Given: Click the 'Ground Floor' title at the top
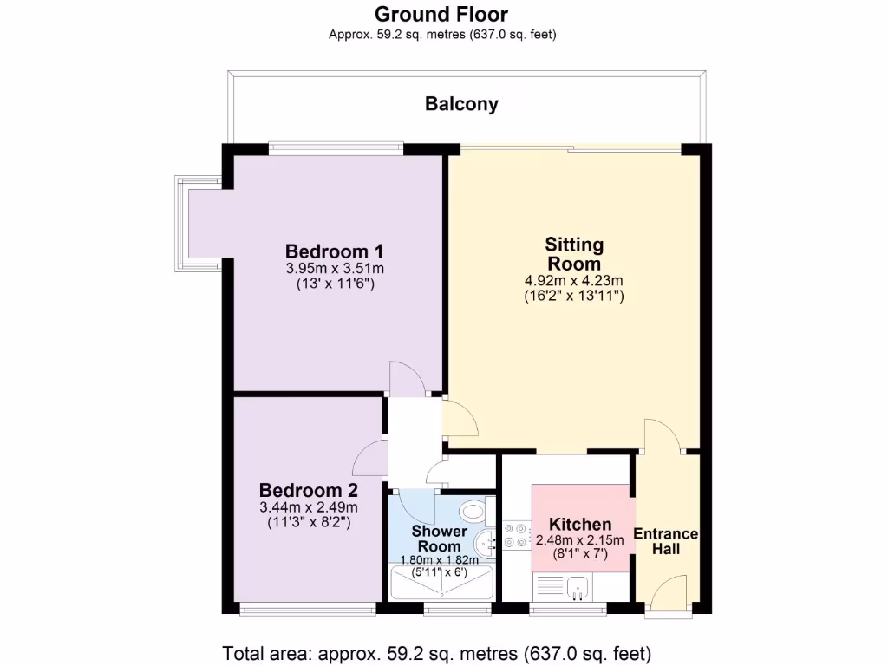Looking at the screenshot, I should pyautogui.click(x=441, y=15).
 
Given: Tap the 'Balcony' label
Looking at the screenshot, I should pyautogui.click(x=461, y=104).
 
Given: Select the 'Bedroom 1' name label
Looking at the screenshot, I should pyautogui.click(x=335, y=251).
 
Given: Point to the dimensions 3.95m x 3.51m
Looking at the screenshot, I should pyautogui.click(x=335, y=268).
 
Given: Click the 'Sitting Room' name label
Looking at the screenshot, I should pyautogui.click(x=574, y=254).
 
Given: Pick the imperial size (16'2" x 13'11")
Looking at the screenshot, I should pyautogui.click(x=574, y=296).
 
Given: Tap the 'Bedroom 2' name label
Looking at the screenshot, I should pyautogui.click(x=308, y=489).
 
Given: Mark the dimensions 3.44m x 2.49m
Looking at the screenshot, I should pyautogui.click(x=308, y=507).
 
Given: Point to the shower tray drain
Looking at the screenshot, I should pyautogui.click(x=442, y=596).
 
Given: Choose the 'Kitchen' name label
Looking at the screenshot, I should pyautogui.click(x=580, y=524).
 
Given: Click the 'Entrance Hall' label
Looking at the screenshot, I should pyautogui.click(x=666, y=541).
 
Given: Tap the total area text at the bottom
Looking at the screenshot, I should pyautogui.click(x=437, y=652).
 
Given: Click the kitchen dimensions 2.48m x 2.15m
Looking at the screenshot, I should pyautogui.click(x=580, y=540).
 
